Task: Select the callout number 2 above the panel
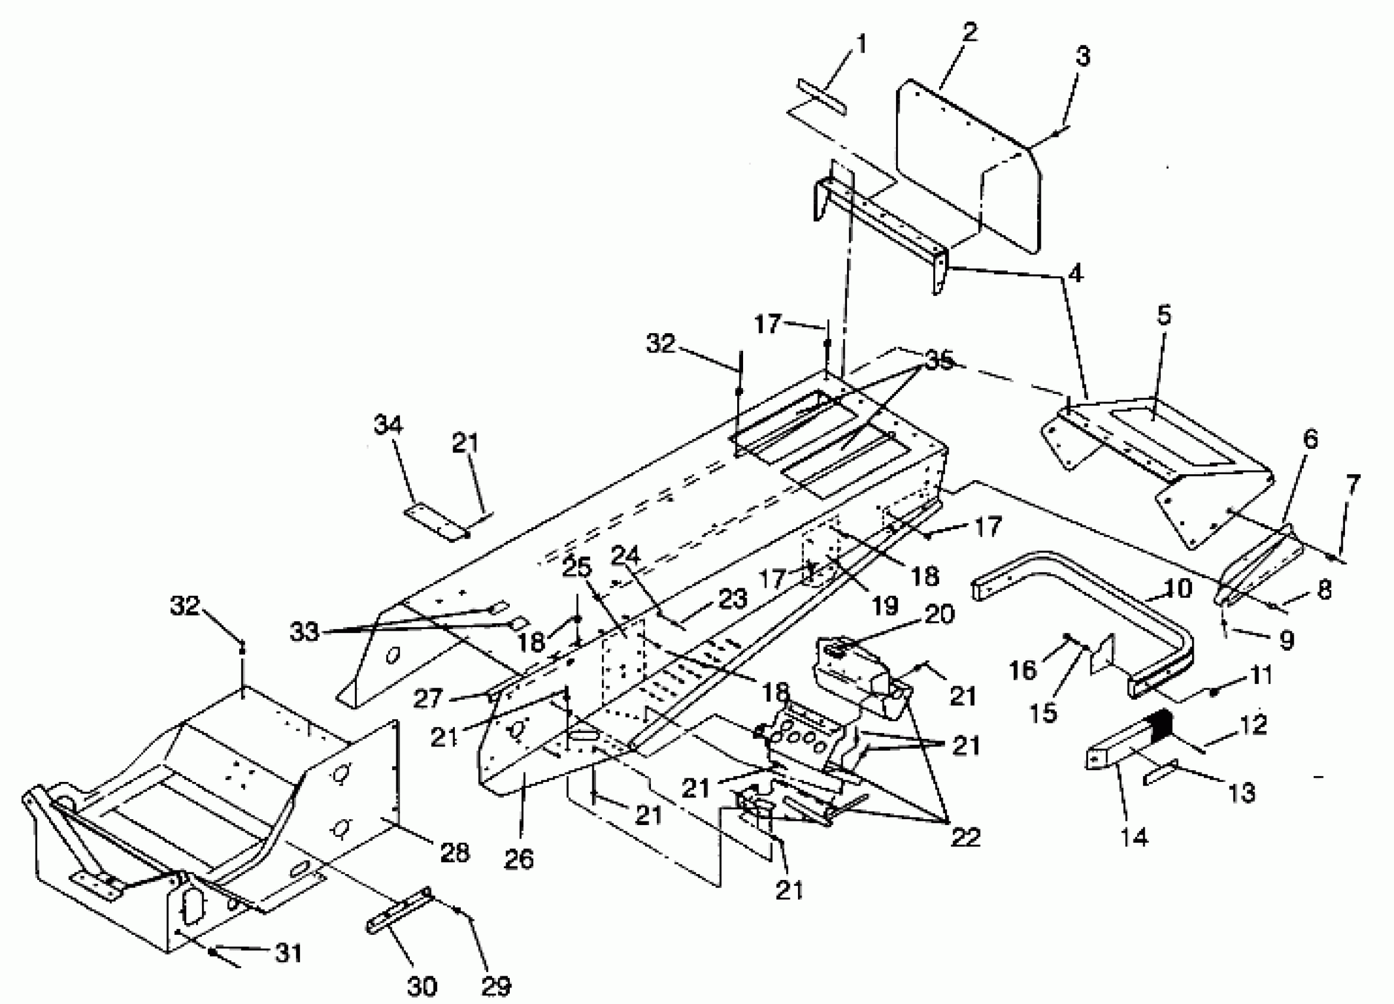[x=969, y=32]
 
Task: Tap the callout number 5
[x=1164, y=315]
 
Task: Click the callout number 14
[x=1134, y=837]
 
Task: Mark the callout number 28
[x=454, y=853]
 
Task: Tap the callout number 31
[x=288, y=954]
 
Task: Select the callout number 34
[x=389, y=425]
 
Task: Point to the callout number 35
[x=939, y=361]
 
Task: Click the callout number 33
[x=304, y=633]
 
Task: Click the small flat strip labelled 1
[x=822, y=97]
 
